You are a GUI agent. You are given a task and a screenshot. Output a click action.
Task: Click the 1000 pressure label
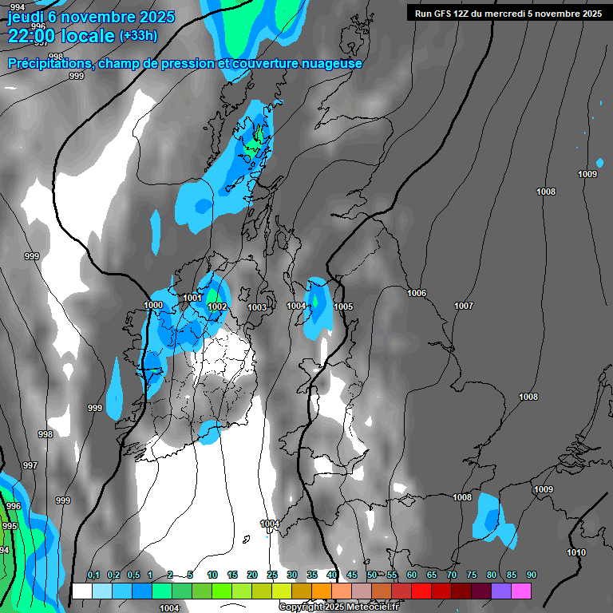point(153,305)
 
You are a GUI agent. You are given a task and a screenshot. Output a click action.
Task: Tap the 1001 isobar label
point(192,298)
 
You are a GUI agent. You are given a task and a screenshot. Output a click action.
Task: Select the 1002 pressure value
point(217,306)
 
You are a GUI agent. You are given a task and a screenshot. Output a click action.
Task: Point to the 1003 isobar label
point(257,307)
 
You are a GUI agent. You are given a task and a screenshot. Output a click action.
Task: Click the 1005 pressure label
point(343,306)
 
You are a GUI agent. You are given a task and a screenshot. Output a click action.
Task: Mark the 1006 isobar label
point(417,293)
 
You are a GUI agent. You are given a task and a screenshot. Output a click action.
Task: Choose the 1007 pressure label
point(464,306)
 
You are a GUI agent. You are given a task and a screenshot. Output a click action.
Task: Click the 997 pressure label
point(30,465)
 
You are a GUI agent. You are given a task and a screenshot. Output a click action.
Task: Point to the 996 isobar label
point(14,506)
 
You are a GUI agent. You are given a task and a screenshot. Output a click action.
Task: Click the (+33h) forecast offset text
point(138,36)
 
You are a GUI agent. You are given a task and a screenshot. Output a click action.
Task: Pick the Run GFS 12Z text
point(442,14)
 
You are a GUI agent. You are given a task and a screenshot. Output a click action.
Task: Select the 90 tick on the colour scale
point(531,575)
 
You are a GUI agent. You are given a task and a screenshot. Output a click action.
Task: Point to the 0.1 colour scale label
point(93,575)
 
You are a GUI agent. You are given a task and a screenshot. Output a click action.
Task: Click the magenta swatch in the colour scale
point(521,591)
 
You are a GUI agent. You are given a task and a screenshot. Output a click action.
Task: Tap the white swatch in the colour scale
point(81,591)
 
